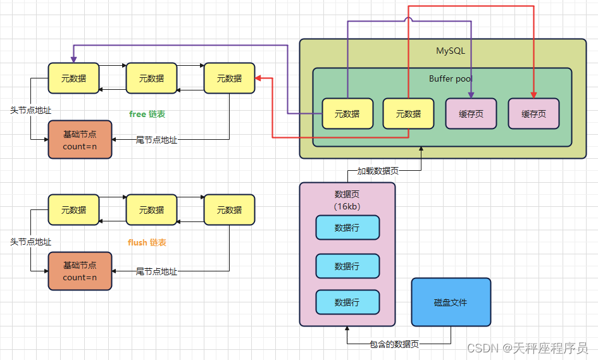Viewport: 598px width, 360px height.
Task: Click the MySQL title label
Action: click(x=450, y=51)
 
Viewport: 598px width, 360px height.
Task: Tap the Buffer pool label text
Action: click(x=451, y=79)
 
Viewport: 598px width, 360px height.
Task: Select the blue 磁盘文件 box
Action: click(x=451, y=302)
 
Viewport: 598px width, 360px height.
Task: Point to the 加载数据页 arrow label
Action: click(x=378, y=171)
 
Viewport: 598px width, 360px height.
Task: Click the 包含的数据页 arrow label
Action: click(x=394, y=344)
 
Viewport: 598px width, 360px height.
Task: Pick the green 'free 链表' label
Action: click(x=147, y=115)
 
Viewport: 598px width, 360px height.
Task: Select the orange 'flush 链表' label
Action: click(x=147, y=242)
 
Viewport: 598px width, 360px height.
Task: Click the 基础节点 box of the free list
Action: click(x=80, y=140)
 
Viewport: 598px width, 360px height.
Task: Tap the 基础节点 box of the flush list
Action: click(x=80, y=271)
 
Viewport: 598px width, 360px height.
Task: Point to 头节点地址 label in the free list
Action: click(x=30, y=110)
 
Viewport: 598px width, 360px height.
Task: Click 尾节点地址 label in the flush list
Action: click(x=156, y=271)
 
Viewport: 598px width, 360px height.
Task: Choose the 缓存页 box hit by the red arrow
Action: click(x=533, y=114)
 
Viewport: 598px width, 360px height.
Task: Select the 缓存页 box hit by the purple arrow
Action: click(x=471, y=114)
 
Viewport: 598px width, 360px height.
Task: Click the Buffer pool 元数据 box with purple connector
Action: click(x=347, y=114)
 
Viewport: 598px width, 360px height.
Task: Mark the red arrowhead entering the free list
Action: click(x=258, y=78)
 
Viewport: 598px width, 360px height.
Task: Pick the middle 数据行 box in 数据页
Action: click(x=347, y=266)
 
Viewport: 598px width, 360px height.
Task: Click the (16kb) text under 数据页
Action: click(x=347, y=206)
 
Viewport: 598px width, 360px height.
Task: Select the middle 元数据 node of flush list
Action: click(x=151, y=210)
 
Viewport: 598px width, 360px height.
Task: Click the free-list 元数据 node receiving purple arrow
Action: click(x=73, y=78)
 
